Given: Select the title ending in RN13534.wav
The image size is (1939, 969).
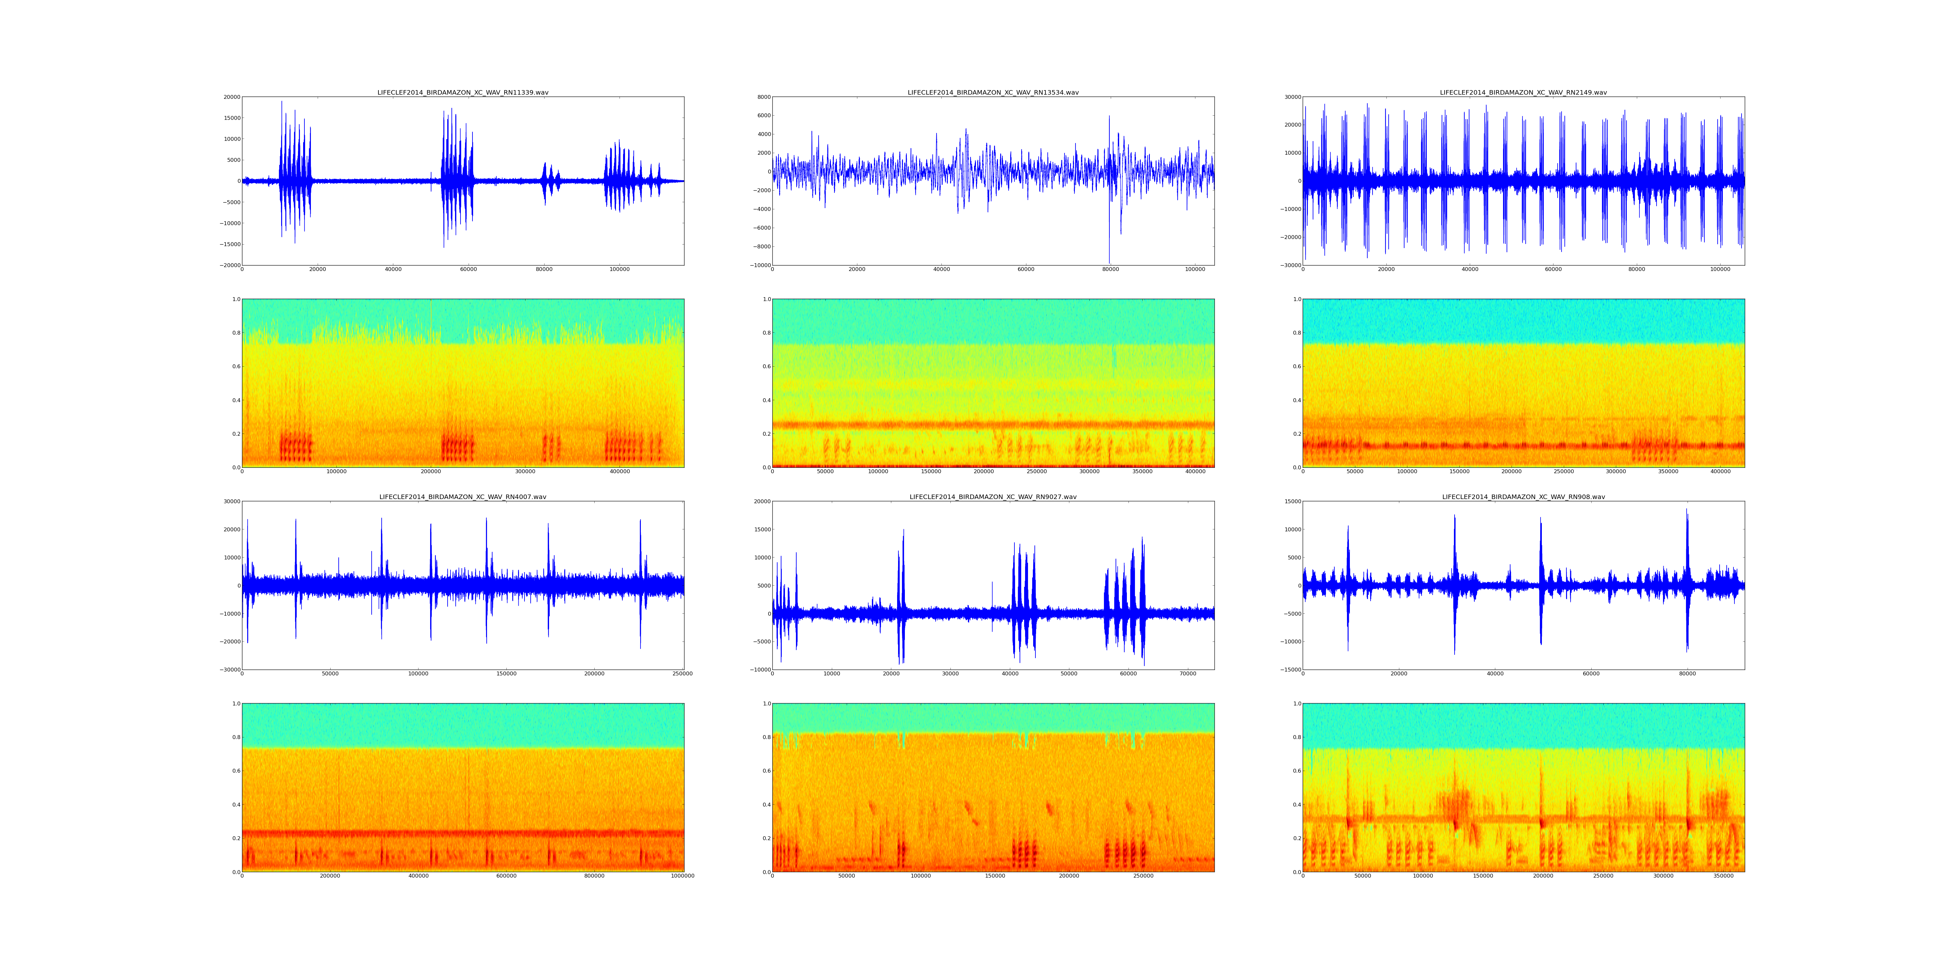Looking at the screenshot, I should (993, 92).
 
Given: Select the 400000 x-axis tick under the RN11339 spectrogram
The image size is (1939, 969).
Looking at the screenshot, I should (620, 472).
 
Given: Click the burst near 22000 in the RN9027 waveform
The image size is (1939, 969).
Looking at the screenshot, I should (901, 587).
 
